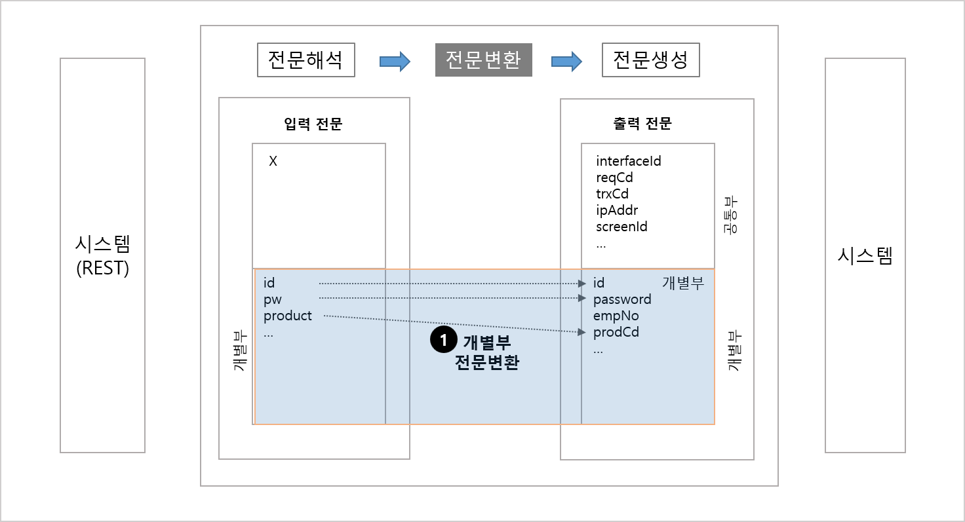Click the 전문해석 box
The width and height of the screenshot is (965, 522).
click(306, 60)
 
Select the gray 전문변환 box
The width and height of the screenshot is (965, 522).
click(483, 60)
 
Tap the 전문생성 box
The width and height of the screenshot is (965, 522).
click(650, 60)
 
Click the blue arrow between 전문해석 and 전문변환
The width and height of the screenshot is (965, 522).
click(395, 62)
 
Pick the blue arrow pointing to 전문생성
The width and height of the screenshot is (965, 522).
click(566, 62)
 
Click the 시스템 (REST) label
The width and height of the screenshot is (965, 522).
click(102, 255)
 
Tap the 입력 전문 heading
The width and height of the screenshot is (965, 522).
click(313, 124)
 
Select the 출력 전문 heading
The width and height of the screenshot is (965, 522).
click(642, 124)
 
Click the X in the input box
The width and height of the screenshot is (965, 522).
click(273, 161)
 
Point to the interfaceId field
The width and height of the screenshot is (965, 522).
click(628, 161)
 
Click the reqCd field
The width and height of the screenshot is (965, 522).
click(614, 177)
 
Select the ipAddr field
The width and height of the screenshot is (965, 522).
click(616, 210)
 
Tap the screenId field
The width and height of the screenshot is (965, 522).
click(621, 227)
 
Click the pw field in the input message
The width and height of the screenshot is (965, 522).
click(272, 299)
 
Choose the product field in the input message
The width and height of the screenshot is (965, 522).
click(287, 316)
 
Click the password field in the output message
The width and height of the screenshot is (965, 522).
click(622, 299)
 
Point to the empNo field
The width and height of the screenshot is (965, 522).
click(616, 316)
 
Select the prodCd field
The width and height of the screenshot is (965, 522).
click(616, 332)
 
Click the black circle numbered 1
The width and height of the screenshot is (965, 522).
click(443, 339)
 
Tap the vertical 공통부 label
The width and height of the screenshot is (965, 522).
click(730, 215)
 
